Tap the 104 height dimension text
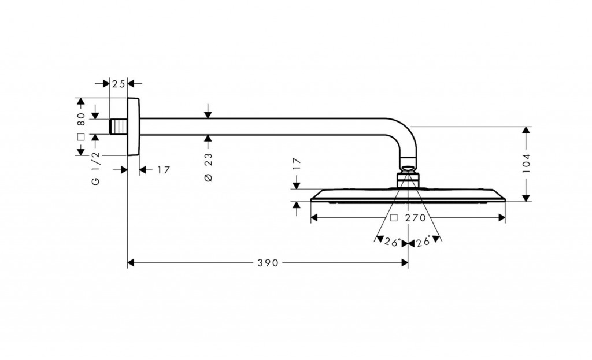tap(527, 164)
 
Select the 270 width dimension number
tap(415, 218)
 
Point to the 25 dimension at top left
tap(119, 84)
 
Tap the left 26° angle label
tap(392, 243)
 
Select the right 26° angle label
tap(423, 243)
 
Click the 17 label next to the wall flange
tap(163, 170)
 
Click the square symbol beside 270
tap(394, 218)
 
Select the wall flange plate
tap(134, 127)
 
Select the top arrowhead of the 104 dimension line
tap(526, 131)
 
